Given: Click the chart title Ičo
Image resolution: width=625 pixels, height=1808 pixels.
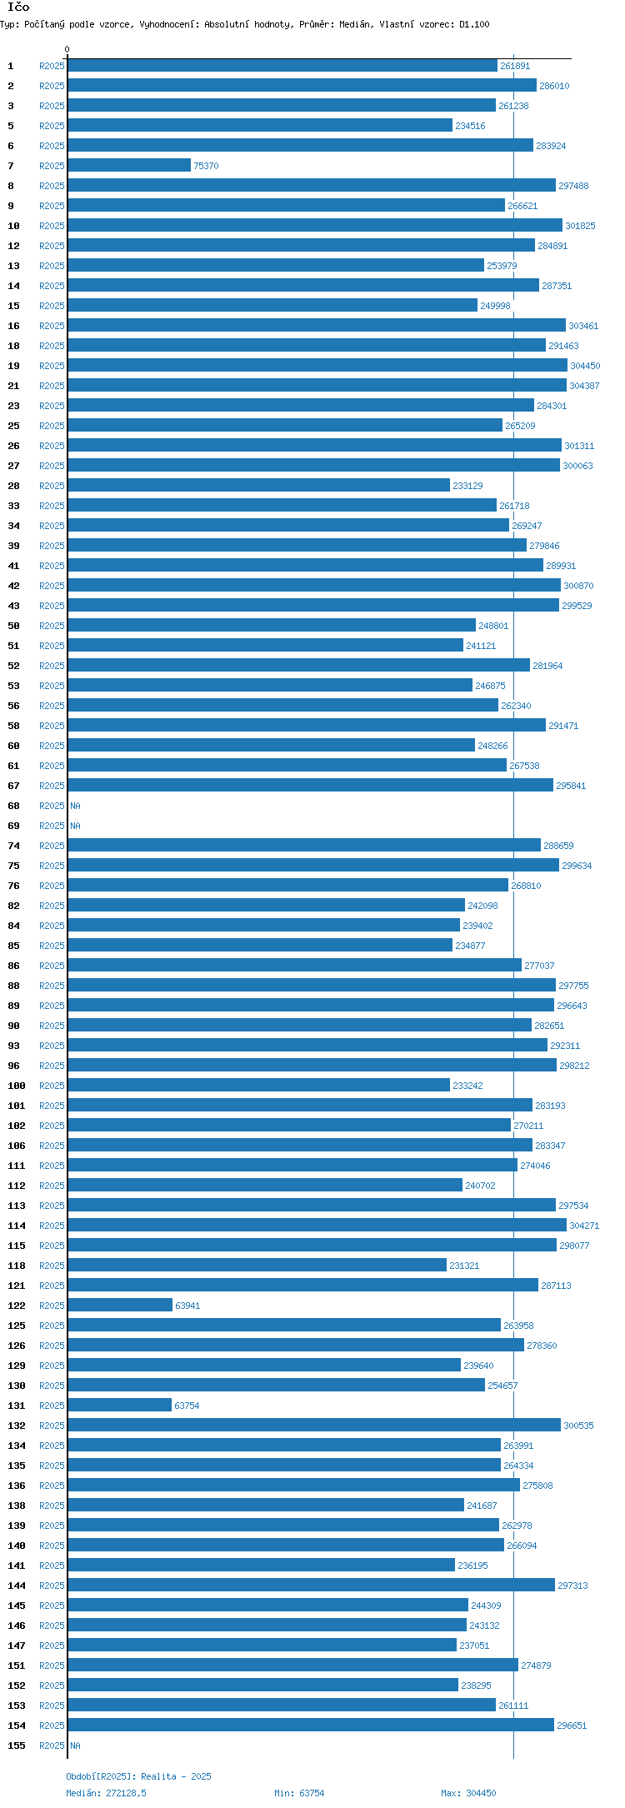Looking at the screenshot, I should tap(18, 7).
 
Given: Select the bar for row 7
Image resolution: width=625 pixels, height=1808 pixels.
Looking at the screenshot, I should tap(129, 166).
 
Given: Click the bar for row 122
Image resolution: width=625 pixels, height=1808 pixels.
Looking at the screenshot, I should tap(120, 1306).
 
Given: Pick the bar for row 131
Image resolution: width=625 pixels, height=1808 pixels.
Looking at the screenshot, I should tap(120, 1406).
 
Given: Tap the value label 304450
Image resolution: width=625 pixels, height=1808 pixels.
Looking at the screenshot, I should tap(585, 366).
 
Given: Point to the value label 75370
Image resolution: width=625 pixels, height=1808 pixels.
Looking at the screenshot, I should tap(206, 166).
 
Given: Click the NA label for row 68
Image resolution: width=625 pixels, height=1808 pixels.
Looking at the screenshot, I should tap(76, 806).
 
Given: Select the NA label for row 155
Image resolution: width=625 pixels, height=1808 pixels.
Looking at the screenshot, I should tap(76, 1746).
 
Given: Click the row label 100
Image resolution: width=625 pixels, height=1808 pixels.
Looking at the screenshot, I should tap(17, 1086).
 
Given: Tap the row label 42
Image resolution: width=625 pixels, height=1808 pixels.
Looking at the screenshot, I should tap(14, 586).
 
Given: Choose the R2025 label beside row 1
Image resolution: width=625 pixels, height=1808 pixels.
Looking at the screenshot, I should tap(52, 66).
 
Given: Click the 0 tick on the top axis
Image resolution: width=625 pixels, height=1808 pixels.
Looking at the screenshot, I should tap(67, 50).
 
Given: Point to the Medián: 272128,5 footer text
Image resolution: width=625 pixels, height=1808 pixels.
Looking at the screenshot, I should tap(106, 1793).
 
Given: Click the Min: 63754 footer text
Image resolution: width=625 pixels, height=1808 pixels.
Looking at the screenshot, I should tap(299, 1793).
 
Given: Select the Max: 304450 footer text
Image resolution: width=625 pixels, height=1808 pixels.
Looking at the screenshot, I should tap(468, 1793).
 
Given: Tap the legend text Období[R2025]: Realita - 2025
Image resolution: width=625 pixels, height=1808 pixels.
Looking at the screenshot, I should tap(138, 1776).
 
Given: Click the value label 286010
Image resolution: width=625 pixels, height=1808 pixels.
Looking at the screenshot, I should tap(554, 86).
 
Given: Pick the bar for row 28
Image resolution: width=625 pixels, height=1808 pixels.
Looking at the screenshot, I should tap(258, 486).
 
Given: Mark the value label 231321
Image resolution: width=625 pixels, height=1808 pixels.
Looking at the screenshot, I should tap(464, 1266).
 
